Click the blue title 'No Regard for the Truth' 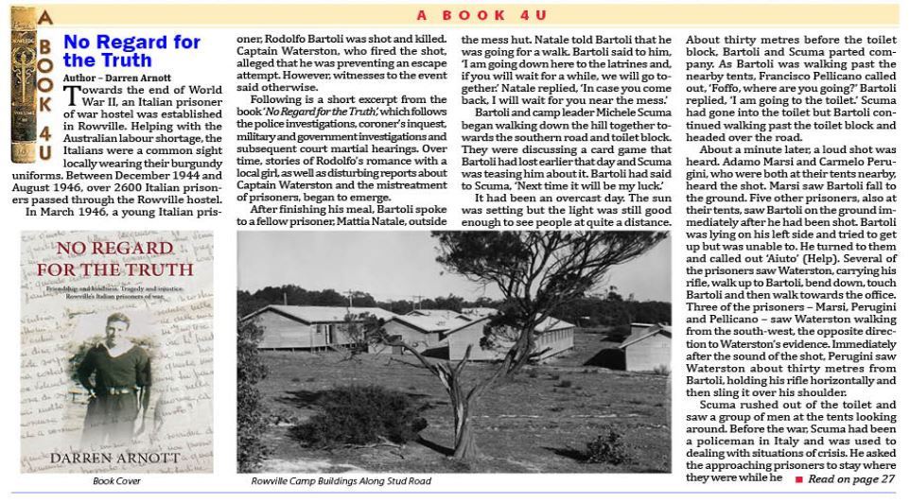click(x=131, y=51)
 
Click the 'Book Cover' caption click(x=116, y=481)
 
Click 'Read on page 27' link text click(x=851, y=479)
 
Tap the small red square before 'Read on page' click(x=798, y=479)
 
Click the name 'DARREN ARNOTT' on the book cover click(x=116, y=459)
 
